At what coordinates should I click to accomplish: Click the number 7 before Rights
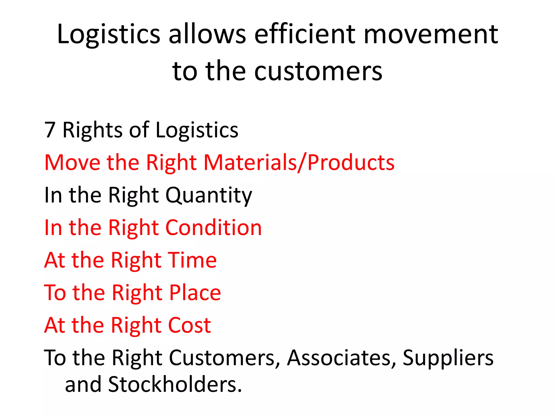click(50, 130)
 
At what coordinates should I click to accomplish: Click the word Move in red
click(72, 162)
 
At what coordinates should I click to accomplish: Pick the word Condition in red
click(214, 227)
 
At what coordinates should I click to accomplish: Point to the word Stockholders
click(175, 385)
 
